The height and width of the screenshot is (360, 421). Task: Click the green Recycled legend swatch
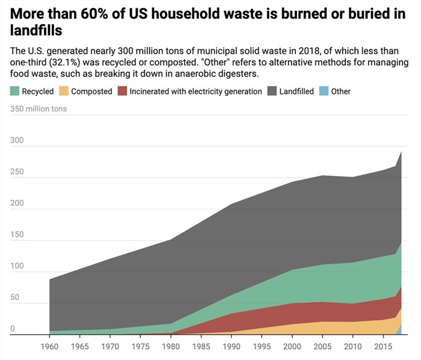15,92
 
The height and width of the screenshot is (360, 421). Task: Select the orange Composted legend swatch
63,92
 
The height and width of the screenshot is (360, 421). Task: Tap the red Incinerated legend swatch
122,92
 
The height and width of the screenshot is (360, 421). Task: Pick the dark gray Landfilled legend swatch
272,92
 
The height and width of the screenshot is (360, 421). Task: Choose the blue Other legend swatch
324,92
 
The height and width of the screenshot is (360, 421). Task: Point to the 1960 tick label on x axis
49,347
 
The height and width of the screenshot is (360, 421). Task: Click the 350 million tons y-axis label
39,109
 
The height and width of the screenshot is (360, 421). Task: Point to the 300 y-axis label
16,140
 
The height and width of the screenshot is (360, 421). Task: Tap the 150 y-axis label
16,234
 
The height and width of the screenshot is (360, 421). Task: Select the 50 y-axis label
14,297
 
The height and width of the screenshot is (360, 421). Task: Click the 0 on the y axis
12,329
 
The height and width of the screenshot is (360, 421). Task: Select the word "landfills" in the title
37,29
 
